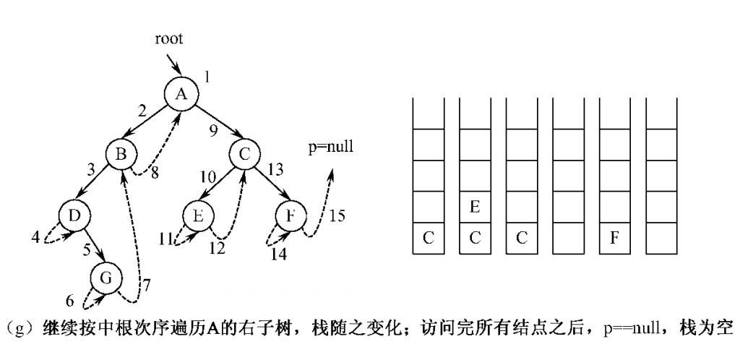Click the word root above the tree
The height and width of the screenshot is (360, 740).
pos(169,39)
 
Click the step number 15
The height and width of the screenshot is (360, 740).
pos(336,215)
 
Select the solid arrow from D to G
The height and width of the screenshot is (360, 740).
pos(92,247)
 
